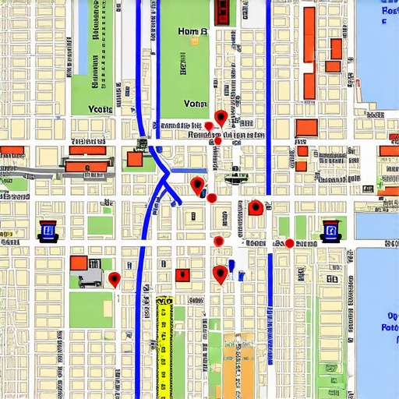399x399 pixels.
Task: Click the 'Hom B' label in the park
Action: [x=192, y=32]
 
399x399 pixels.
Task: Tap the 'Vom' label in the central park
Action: [x=195, y=103]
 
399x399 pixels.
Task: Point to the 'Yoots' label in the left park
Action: [x=101, y=110]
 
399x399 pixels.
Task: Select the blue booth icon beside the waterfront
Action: [x=330, y=230]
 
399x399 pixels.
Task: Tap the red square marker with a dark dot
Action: [x=183, y=274]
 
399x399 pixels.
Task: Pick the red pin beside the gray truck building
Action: [x=115, y=279]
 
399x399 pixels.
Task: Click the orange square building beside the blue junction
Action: [x=134, y=160]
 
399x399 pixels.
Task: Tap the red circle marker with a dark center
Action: [x=256, y=207]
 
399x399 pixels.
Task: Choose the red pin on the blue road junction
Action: [x=197, y=185]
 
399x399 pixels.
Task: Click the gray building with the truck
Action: [x=90, y=275]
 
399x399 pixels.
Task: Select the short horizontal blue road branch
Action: [x=192, y=170]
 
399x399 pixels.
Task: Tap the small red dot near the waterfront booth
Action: [x=289, y=243]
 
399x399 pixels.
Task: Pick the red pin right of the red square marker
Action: [x=221, y=274]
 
